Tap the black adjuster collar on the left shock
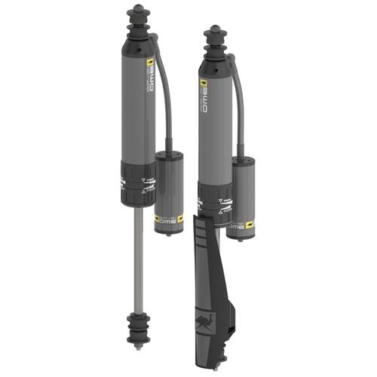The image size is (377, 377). pyautogui.click(x=136, y=182)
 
